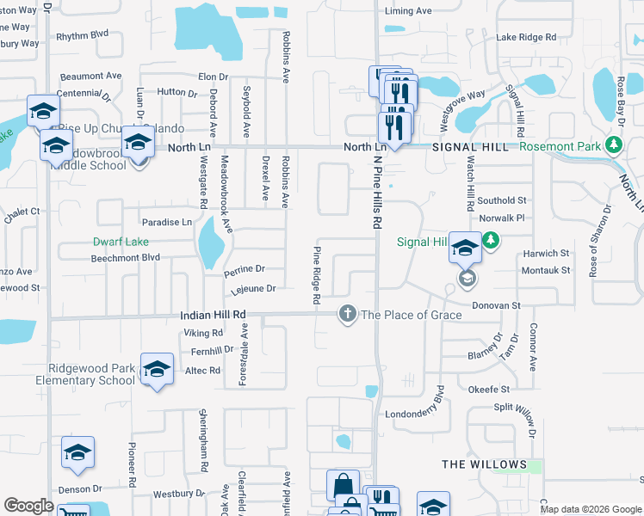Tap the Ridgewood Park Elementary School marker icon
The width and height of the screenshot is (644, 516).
[157, 370]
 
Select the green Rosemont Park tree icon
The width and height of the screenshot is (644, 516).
[613, 145]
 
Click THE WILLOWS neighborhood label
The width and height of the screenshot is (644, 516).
[484, 464]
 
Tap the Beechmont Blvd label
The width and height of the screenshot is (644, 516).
[126, 257]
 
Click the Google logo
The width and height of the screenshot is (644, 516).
[29, 506]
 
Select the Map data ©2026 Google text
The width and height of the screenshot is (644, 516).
[590, 509]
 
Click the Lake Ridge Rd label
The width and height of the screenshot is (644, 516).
[526, 38]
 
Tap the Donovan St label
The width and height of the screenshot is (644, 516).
[496, 305]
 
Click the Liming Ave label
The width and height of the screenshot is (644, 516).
[408, 11]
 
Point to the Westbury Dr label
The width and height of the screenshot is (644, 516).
[179, 494]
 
